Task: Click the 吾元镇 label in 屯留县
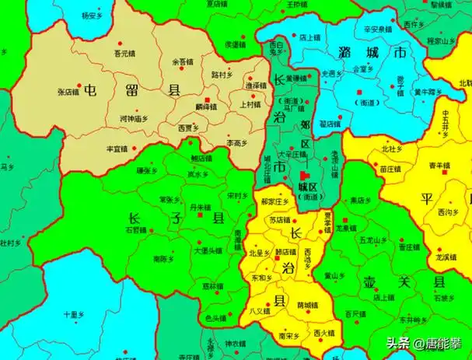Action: point(124,54)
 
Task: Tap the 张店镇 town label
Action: point(70,91)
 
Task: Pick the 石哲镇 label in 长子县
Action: point(136,229)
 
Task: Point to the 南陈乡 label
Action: point(163,257)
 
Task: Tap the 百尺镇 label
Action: point(355,313)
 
